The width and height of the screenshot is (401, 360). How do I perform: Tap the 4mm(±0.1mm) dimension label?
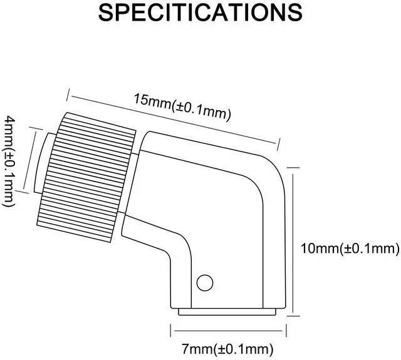tap(10, 160)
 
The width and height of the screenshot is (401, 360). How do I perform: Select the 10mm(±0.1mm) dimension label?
tap(350, 249)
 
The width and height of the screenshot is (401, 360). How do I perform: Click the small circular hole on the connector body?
tap(204, 282)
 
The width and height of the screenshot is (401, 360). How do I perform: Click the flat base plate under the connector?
tap(228, 311)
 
